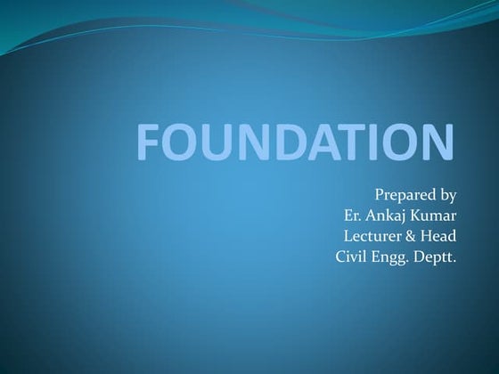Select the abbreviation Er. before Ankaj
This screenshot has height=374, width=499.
click(351, 215)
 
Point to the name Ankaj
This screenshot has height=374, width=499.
click(388, 215)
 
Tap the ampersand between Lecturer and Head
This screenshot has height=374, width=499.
click(413, 237)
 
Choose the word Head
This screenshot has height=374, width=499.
click(439, 237)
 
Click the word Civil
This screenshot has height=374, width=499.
click(351, 258)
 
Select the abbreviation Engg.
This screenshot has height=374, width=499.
click(392, 258)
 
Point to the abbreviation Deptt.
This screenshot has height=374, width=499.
click(436, 258)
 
